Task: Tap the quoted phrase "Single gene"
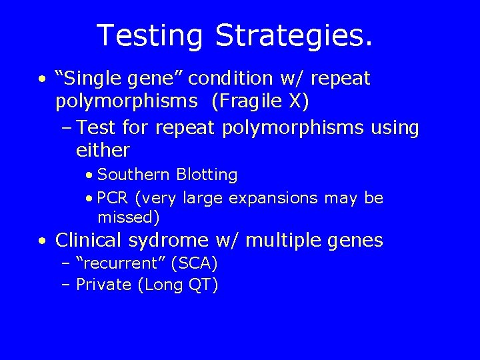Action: click(119, 79)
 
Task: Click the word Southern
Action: click(133, 175)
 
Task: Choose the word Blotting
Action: click(207, 175)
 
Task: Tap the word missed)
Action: click(129, 217)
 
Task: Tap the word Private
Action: click(104, 285)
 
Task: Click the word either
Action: click(103, 150)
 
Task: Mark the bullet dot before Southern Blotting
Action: click(89, 175)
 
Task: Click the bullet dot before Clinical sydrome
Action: click(43, 241)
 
